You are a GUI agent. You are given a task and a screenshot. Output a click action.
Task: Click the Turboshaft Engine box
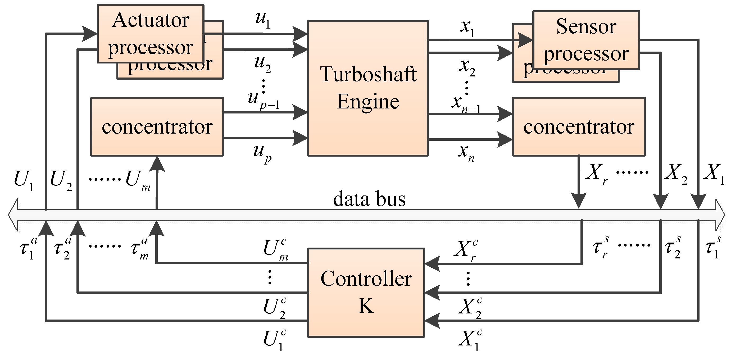pyautogui.click(x=368, y=88)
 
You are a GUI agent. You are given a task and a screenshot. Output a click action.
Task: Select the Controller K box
pyautogui.click(x=366, y=293)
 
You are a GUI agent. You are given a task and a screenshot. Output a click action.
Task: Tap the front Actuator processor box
pyautogui.click(x=150, y=34)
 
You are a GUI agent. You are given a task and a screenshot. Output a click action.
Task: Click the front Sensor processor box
pyautogui.click(x=586, y=40)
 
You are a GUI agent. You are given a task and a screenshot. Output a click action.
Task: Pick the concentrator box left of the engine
pyautogui.click(x=157, y=127)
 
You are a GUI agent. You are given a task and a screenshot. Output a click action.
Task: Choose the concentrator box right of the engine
pyautogui.click(x=579, y=127)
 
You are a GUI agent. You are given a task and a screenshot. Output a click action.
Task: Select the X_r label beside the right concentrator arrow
pyautogui.click(x=596, y=174)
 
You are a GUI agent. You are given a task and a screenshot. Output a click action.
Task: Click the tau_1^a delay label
pyautogui.click(x=28, y=248)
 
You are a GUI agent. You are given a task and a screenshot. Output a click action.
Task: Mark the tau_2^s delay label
pyautogui.click(x=673, y=247)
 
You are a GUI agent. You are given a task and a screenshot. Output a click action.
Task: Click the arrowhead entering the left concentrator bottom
pyautogui.click(x=157, y=164)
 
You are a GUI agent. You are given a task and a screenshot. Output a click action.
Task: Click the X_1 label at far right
pyautogui.click(x=714, y=174)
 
